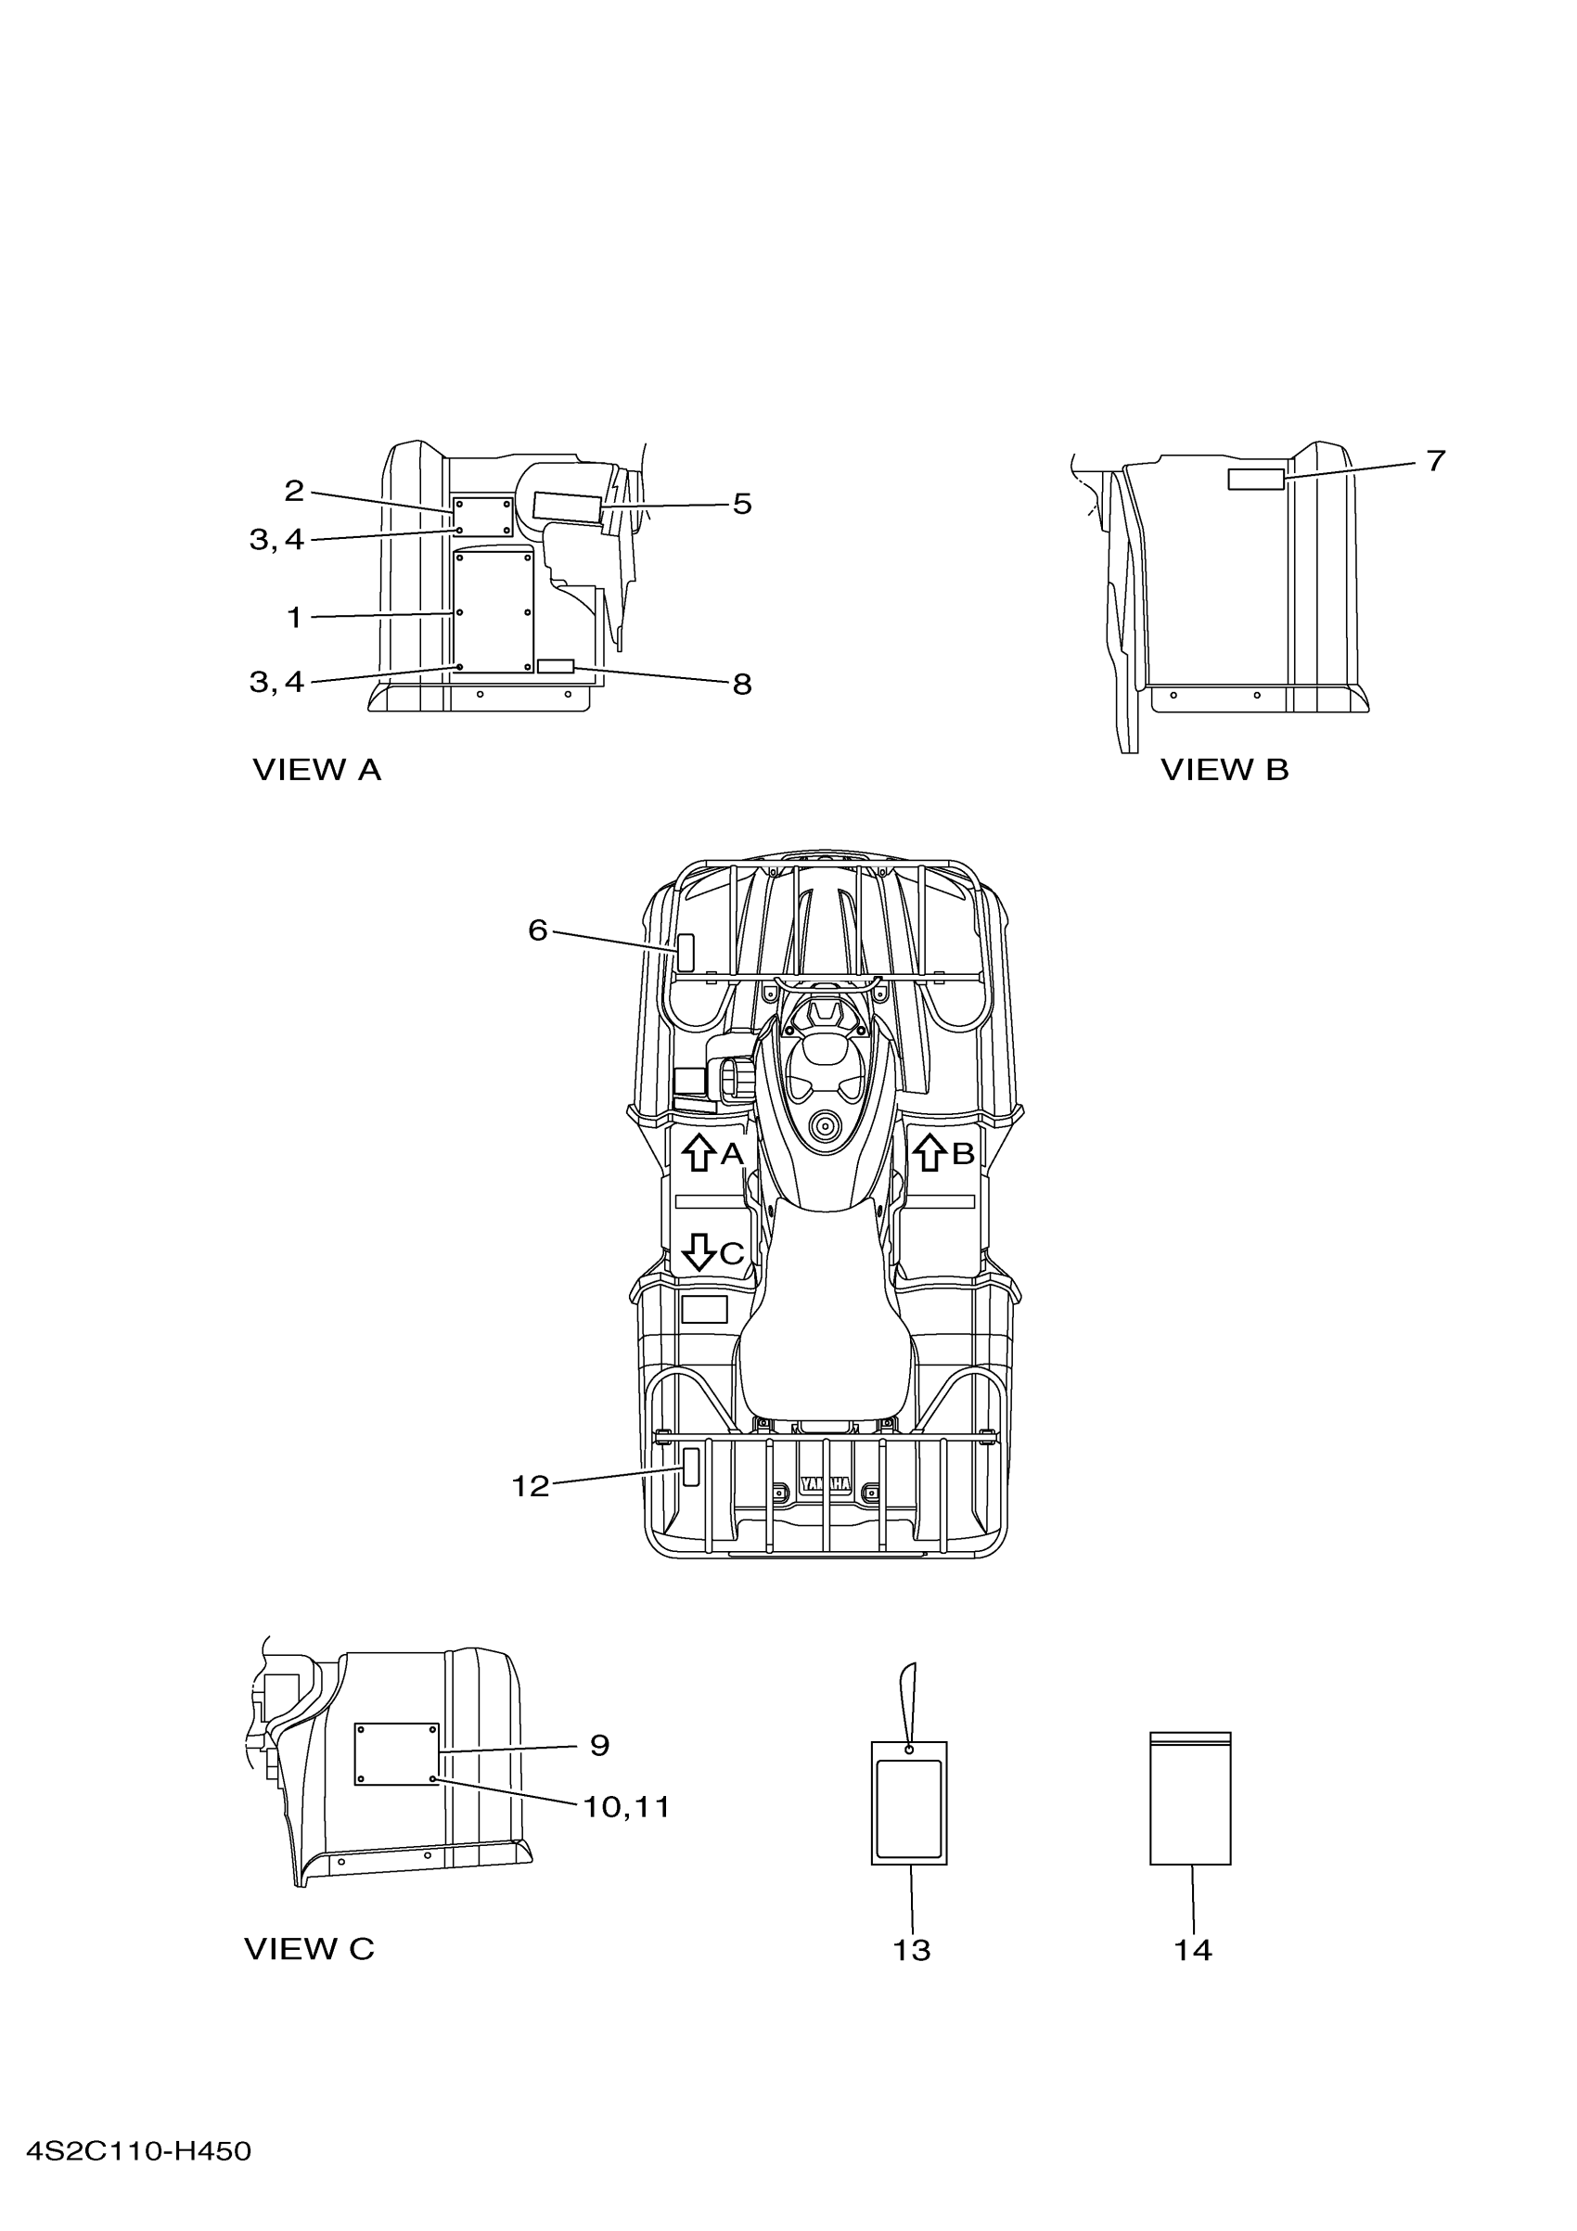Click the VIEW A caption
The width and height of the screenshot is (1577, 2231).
(x=316, y=770)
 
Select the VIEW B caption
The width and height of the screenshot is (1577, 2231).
(x=1224, y=770)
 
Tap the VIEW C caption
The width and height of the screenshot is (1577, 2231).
(x=309, y=1948)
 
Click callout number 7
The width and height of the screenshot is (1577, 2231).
(x=1436, y=461)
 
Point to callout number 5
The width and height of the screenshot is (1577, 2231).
(x=742, y=504)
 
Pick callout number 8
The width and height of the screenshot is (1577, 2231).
(x=742, y=684)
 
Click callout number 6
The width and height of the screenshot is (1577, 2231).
(x=537, y=930)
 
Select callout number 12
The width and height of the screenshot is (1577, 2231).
(x=531, y=1486)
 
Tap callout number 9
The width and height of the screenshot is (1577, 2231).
(x=599, y=1745)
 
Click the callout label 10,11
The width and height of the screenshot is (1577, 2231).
(x=627, y=1807)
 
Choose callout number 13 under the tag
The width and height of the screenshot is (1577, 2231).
(x=912, y=1949)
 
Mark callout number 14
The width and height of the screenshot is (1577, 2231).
(x=1192, y=1949)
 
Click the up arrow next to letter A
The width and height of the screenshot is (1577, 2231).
(x=698, y=1153)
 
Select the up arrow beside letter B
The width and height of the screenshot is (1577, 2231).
(x=930, y=1152)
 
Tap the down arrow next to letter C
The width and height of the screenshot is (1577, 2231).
(x=699, y=1252)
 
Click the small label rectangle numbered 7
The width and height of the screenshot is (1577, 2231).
(x=1256, y=478)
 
